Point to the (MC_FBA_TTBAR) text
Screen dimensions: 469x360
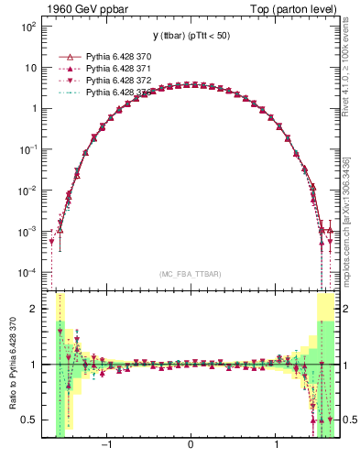tap(190, 274)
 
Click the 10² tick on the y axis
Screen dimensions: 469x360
tap(29, 27)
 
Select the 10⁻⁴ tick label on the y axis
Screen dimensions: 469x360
tap(29, 273)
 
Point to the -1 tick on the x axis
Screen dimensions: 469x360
tap(107, 447)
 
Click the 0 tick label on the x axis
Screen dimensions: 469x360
tap(190, 447)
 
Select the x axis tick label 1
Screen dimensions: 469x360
tap(276, 447)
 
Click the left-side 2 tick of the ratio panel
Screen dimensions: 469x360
tap(35, 309)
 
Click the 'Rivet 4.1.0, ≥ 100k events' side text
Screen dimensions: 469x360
tap(352, 79)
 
